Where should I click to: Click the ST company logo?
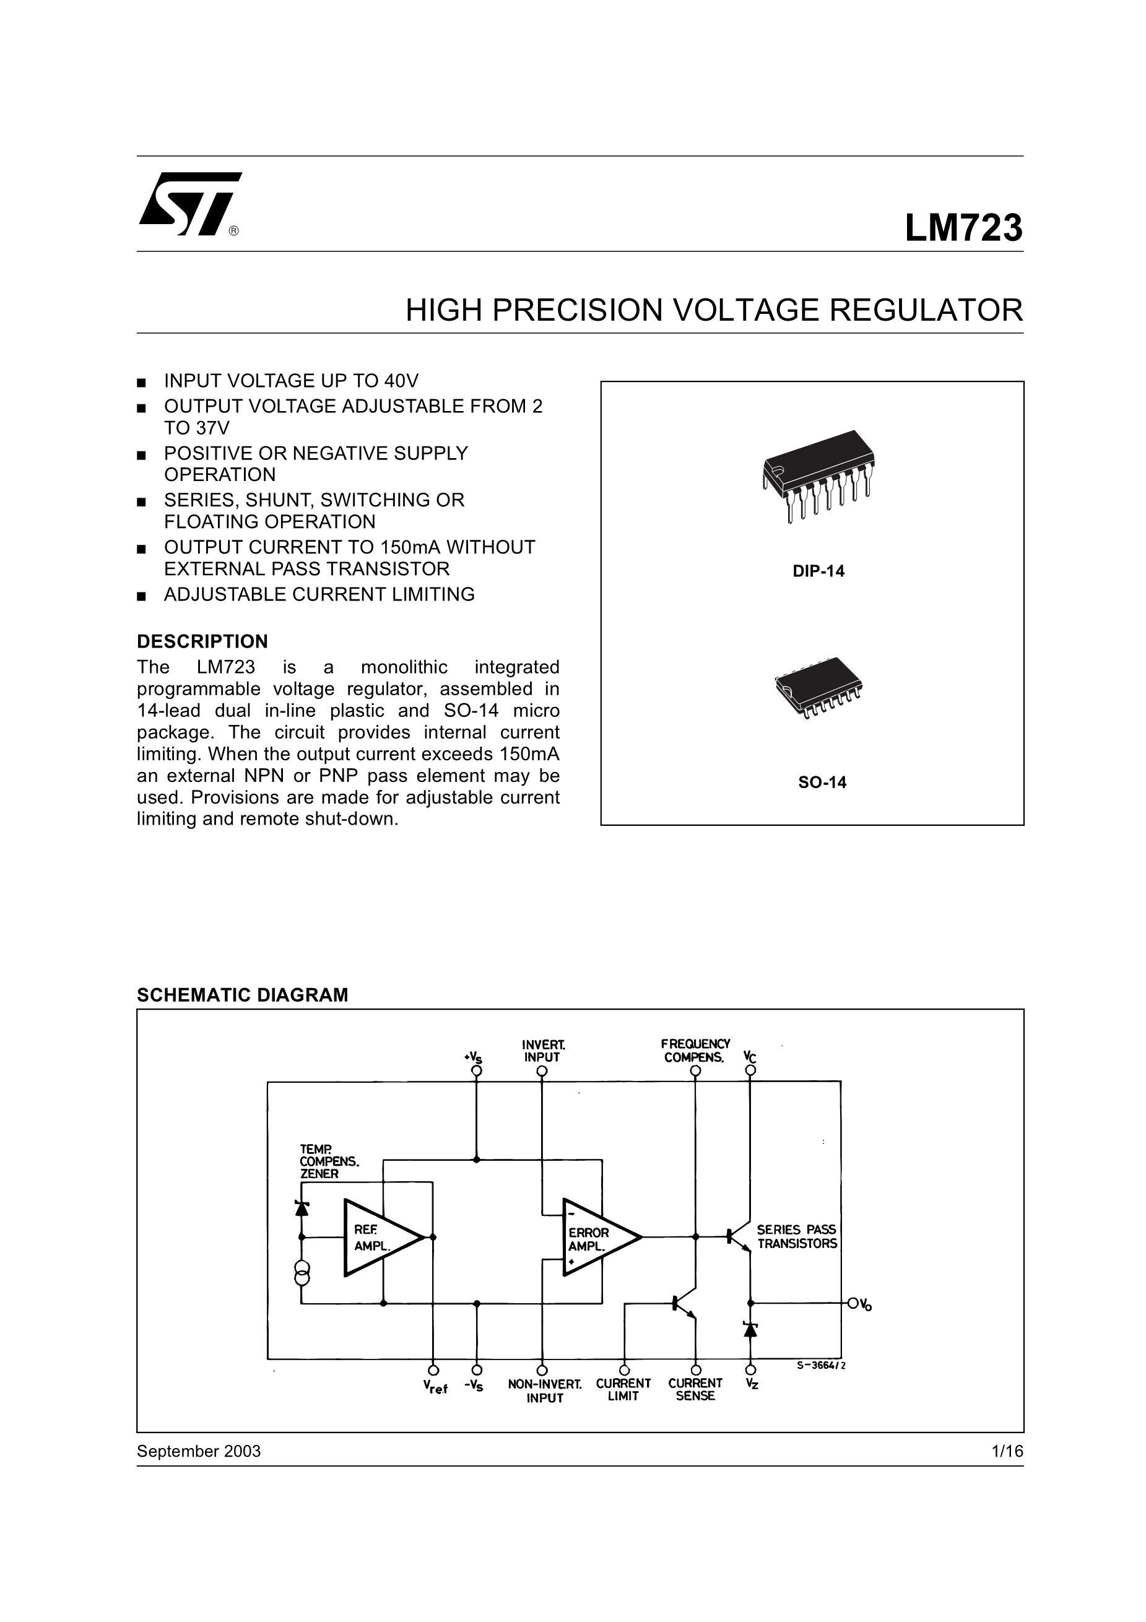tap(189, 204)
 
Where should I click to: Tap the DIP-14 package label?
tap(818, 571)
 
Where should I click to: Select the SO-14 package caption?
tap(822, 782)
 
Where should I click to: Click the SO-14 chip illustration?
tap(819, 686)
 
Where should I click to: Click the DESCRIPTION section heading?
tap(202, 641)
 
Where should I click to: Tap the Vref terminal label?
tap(435, 1387)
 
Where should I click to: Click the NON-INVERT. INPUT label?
tap(544, 1390)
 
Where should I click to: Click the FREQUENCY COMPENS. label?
tap(695, 1051)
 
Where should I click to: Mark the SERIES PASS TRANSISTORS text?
tap(796, 1237)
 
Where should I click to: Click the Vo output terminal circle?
tap(853, 1303)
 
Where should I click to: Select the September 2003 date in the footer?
tap(199, 1451)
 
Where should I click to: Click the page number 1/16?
tap(1007, 1451)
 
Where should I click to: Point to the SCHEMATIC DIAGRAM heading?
tap(242, 995)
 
